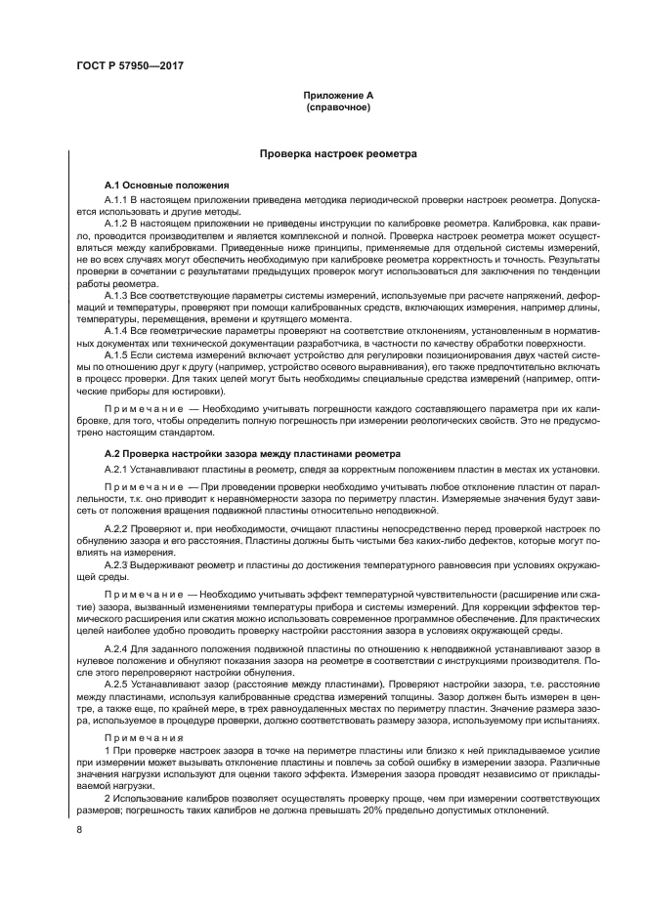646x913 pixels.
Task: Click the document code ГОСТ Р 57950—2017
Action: pos(130,65)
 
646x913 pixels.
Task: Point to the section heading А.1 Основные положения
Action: pos(166,185)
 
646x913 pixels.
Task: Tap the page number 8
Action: pos(79,830)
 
